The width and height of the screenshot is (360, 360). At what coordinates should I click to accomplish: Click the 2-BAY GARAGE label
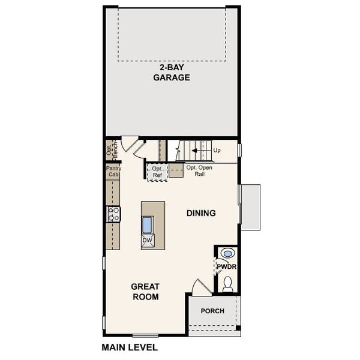coord(171,73)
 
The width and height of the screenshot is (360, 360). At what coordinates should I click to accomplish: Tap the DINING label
coord(201,213)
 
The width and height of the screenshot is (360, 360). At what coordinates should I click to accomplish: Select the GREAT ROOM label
coord(145,292)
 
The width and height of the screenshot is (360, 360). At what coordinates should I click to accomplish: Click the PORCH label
coord(212,311)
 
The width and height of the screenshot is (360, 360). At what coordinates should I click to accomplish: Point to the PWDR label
coord(226,266)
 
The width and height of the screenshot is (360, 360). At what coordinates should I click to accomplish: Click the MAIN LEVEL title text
coord(130,347)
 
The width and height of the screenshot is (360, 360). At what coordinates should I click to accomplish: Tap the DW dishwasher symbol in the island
coord(148,241)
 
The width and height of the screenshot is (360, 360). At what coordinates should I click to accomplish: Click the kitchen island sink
coord(148,224)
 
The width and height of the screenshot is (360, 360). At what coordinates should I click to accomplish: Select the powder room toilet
coord(227,283)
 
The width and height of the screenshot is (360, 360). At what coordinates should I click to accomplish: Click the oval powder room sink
coord(227,253)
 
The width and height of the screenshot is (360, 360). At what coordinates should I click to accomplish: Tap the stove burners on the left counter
coord(113,214)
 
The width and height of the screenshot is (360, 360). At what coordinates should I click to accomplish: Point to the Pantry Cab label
coord(113,172)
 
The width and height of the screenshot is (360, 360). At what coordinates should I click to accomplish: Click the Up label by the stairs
coord(216,150)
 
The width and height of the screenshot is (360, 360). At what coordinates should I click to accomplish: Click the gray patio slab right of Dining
coord(250,207)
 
